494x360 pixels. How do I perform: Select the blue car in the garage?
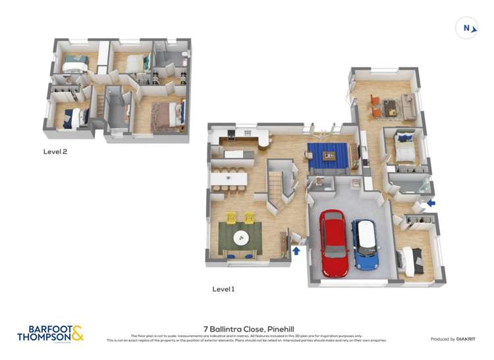pos(364,244)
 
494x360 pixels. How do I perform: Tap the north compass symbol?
pos(466,28)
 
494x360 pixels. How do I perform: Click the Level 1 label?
pos(223,289)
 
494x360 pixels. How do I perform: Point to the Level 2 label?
pos(55,151)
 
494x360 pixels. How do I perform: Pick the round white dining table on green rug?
pos(241,238)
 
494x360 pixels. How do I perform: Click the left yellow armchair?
pos(231,217)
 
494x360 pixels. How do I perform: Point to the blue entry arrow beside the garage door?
pos(296,250)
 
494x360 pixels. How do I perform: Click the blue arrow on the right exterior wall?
pos(431,203)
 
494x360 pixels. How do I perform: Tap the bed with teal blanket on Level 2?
pos(75,63)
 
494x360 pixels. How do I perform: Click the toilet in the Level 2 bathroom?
pos(185,53)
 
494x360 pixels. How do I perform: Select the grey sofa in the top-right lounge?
pos(409,106)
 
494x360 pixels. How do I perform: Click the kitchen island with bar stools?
pos(228,178)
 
